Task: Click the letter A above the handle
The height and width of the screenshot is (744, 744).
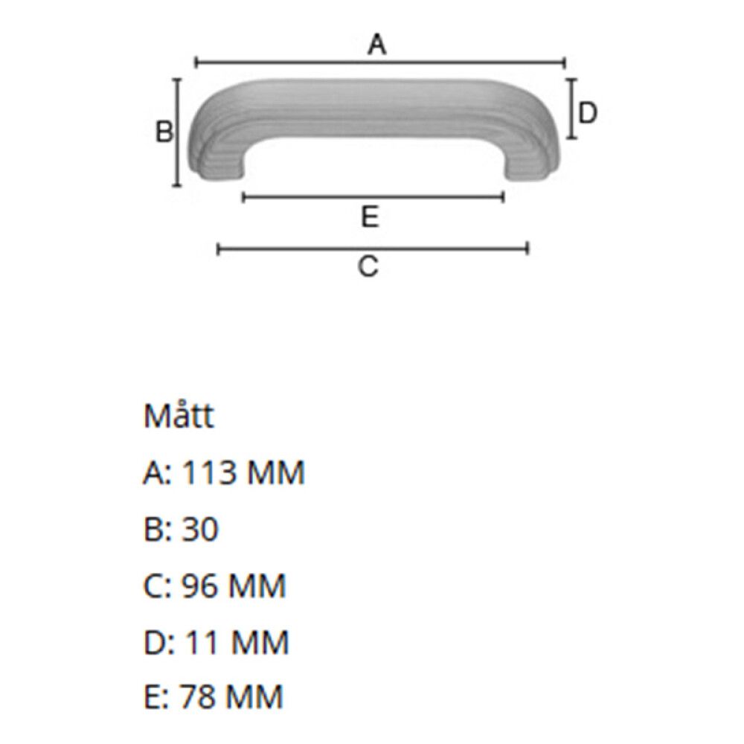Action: [x=378, y=46]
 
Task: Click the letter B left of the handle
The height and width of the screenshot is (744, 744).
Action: [x=164, y=132]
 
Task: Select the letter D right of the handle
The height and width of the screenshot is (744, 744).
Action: [x=588, y=113]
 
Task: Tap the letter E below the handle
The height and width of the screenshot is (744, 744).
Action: [x=371, y=217]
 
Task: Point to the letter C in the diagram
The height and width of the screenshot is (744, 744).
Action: [x=368, y=266]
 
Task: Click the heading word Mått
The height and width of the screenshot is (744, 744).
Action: [x=179, y=417]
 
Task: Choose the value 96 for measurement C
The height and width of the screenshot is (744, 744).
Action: [x=200, y=586]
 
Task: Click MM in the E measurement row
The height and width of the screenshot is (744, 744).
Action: [x=255, y=698]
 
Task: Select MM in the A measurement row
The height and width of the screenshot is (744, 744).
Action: [x=276, y=473]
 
